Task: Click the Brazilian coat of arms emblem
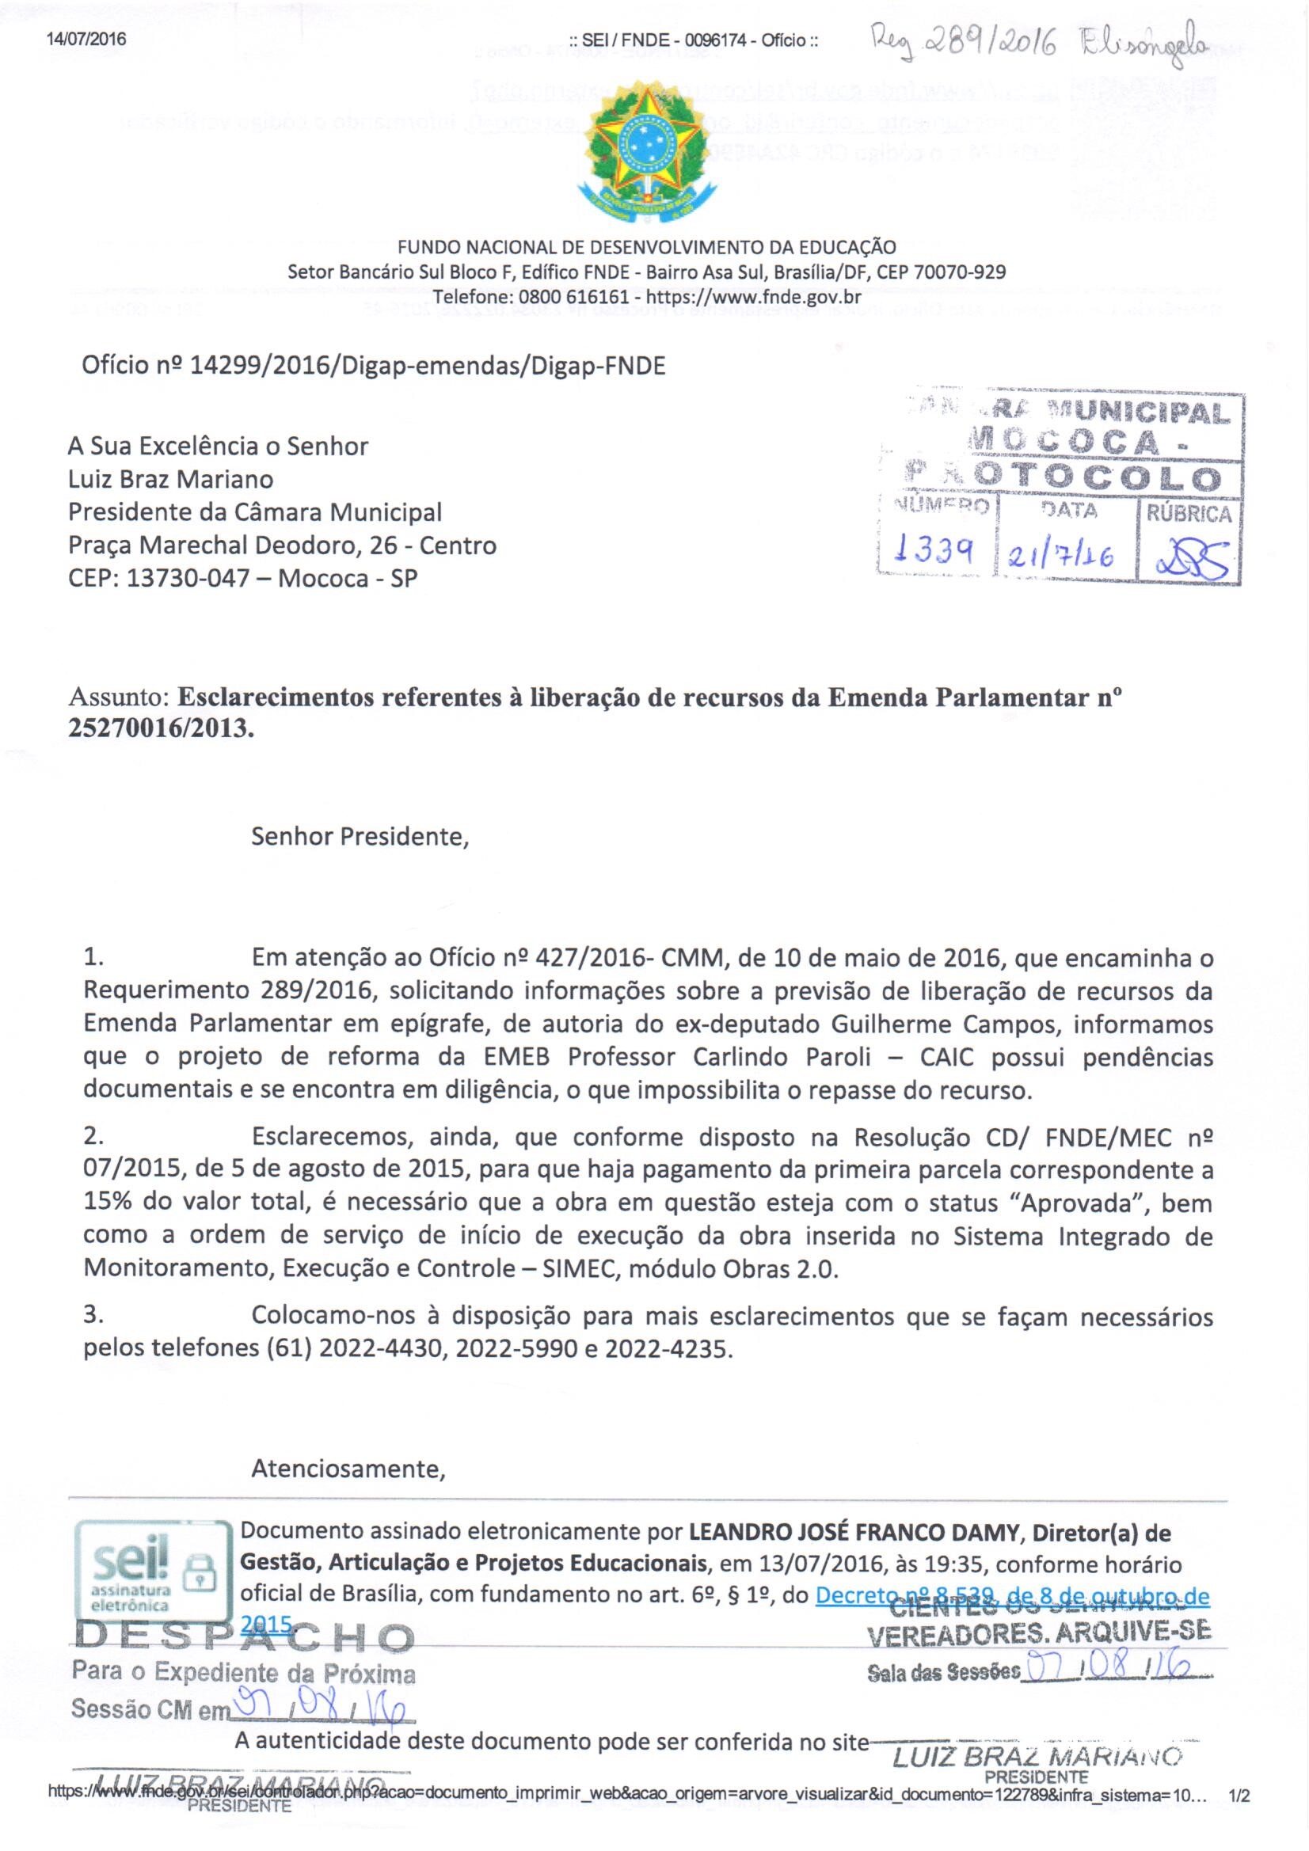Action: pos(647,153)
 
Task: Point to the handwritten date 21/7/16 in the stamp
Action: pos(1063,555)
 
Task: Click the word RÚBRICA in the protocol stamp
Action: pos(1189,515)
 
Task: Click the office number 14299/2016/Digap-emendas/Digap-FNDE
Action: pos(375,366)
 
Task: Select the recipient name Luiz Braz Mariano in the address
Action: pos(171,480)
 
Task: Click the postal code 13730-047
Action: pos(187,578)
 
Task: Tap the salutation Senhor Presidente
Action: pos(360,836)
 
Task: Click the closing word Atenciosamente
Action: pos(348,1469)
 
